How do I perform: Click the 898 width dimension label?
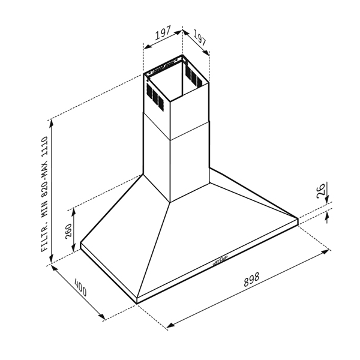(x=251, y=280)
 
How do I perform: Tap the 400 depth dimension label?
(x=80, y=287)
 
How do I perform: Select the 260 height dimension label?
(x=68, y=231)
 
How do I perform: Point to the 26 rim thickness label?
(x=321, y=190)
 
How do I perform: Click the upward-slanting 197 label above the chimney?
(x=163, y=33)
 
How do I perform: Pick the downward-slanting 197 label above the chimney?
(x=199, y=37)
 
